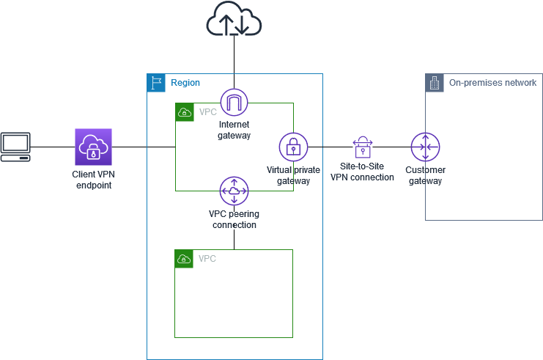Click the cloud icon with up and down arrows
(x=234, y=19)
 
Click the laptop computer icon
(x=15, y=147)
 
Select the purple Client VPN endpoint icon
(x=93, y=147)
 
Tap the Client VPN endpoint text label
(x=93, y=180)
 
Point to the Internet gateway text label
(x=234, y=130)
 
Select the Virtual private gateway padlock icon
(x=293, y=147)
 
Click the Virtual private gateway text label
(x=293, y=175)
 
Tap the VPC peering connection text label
(x=234, y=219)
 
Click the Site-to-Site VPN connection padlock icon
(x=362, y=147)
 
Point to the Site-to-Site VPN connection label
(x=362, y=172)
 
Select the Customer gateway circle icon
(x=425, y=147)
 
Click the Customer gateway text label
(x=425, y=175)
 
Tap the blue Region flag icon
(x=156, y=82)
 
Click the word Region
(x=185, y=83)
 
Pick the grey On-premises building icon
(x=435, y=82)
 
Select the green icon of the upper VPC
(x=184, y=112)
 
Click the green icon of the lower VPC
(x=184, y=259)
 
